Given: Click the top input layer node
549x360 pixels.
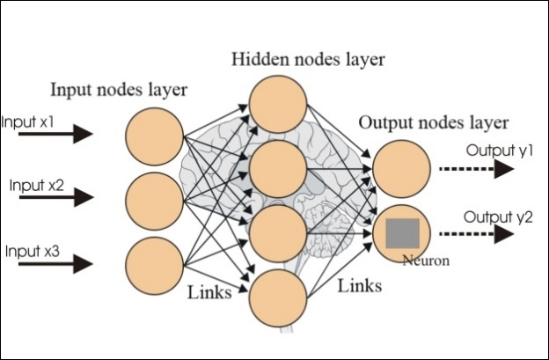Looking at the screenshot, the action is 155,136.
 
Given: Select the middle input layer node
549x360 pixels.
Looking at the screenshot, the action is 155,202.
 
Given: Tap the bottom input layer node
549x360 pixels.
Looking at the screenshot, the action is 155,266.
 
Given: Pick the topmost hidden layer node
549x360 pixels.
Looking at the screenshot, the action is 278,104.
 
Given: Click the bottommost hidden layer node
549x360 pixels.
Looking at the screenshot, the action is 278,298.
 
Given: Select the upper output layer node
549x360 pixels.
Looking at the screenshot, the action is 401,169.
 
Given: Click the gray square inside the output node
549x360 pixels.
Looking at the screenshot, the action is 403,233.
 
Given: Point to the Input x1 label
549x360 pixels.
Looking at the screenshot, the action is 27,121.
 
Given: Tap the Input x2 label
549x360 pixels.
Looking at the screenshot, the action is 37,185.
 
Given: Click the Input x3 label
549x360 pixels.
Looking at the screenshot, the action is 33,251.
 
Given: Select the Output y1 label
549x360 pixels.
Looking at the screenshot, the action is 499,151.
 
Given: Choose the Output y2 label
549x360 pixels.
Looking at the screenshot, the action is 498,217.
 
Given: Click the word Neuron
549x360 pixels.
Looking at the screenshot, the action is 426,261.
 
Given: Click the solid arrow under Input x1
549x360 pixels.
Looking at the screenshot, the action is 55,134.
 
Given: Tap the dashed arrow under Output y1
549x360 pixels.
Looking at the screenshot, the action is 477,169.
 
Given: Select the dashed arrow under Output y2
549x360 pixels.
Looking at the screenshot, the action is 477,234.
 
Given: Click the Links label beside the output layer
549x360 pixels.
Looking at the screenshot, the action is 360,285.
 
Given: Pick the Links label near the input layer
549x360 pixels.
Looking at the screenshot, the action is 209,291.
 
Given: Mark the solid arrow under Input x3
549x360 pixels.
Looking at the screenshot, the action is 55,263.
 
